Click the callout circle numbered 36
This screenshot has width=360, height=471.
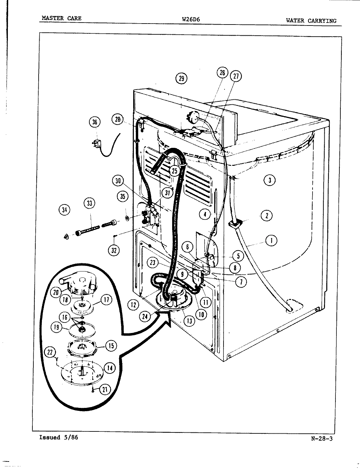95,122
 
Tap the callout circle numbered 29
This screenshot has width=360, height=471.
182,78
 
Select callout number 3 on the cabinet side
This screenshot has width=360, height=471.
269,180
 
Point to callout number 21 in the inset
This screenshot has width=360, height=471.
105,389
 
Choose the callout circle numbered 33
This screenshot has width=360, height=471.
89,203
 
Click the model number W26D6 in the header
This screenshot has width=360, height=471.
191,19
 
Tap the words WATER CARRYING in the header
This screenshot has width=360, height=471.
311,21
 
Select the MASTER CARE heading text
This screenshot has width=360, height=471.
61,18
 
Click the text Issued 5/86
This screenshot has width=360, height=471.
59,437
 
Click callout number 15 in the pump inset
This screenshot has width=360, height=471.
111,346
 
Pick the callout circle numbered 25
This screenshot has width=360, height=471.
174,170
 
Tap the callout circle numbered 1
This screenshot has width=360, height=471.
271,241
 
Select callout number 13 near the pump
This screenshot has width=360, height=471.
189,321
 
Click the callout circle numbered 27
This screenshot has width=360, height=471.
236,77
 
